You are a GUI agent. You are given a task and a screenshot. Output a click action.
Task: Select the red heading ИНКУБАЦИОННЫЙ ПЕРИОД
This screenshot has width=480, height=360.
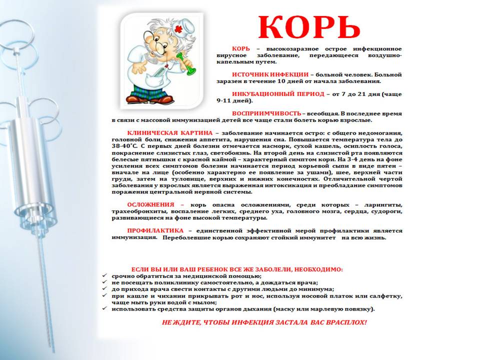[270, 94]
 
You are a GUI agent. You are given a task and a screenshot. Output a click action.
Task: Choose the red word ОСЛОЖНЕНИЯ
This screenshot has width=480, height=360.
[150, 205]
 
